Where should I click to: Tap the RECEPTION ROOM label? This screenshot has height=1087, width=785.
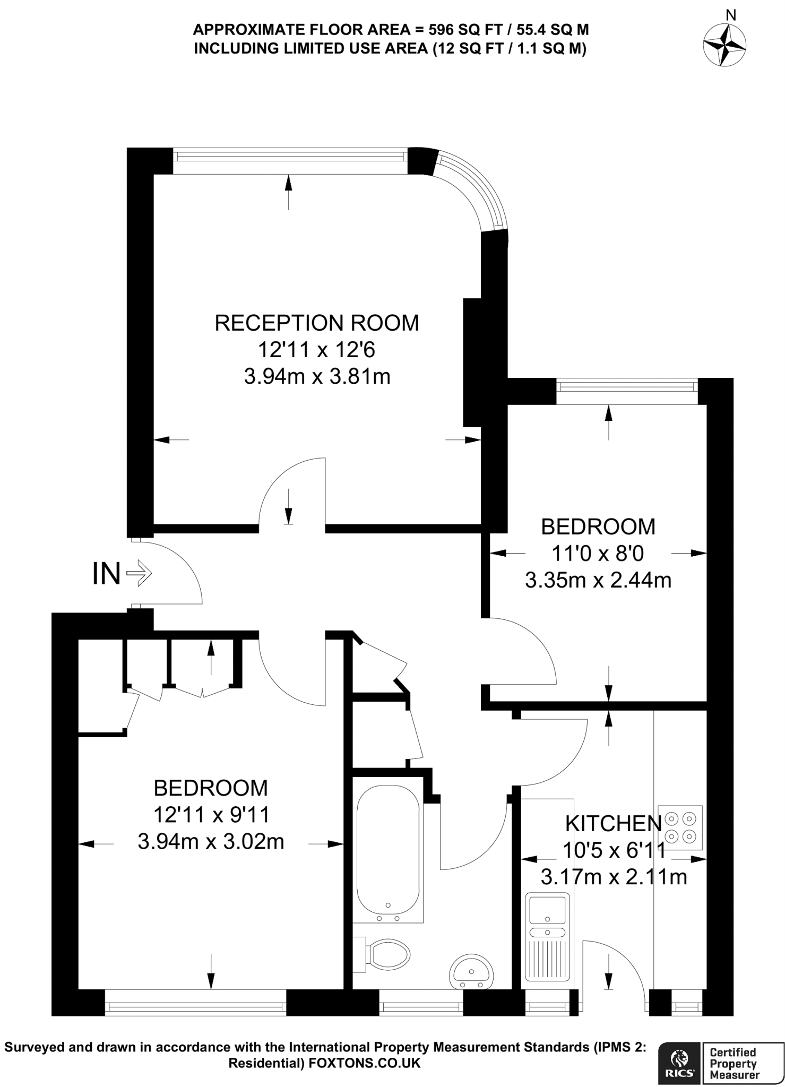tap(316, 323)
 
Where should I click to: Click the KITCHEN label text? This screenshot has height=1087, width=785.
tap(613, 823)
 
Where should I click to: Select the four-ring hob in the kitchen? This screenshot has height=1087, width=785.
tap(682, 827)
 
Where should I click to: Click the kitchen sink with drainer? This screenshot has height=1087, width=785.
tap(547, 937)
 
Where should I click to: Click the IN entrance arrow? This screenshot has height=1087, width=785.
tap(140, 573)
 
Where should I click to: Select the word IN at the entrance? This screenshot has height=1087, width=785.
tap(106, 574)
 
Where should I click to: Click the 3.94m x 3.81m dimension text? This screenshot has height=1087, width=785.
tap(317, 377)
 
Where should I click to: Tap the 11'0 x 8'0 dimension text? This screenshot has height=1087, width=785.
tap(598, 554)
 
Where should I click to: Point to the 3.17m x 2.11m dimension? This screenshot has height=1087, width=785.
tap(614, 877)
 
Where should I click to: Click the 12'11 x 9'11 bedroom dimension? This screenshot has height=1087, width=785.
tap(211, 815)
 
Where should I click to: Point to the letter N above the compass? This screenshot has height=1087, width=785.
tap(730, 15)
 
